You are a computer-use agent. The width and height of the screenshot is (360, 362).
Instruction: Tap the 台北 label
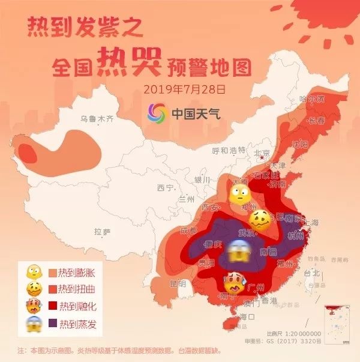(313, 272)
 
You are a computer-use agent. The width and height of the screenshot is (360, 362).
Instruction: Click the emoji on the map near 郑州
(240, 193)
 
